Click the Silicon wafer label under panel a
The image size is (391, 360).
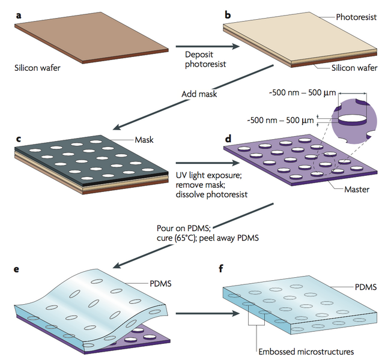pos(37,68)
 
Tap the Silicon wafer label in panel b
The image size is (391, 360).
pos(354,68)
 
